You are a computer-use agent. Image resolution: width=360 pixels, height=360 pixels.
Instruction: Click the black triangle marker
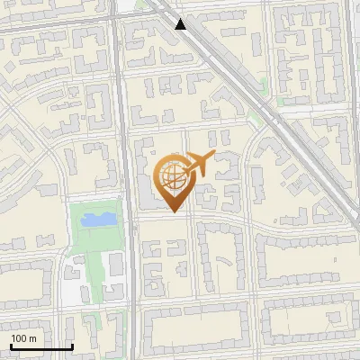[182, 24]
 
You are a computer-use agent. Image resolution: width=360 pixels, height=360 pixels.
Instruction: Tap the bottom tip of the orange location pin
[174, 211]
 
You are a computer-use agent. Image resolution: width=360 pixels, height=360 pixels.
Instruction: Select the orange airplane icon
[198, 165]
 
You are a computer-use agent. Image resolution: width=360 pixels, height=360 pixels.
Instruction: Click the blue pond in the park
[98, 218]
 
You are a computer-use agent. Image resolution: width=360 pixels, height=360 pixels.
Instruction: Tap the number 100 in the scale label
[19, 338]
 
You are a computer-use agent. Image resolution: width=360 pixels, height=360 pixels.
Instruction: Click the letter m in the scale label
[32, 338]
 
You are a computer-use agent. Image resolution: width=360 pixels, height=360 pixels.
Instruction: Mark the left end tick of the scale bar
[10, 346]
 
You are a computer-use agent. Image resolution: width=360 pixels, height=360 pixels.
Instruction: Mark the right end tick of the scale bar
[72, 346]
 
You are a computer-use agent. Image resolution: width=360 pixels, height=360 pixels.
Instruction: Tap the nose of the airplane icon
[213, 158]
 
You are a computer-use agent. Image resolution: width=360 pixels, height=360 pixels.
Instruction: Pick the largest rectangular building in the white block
[116, 265]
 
